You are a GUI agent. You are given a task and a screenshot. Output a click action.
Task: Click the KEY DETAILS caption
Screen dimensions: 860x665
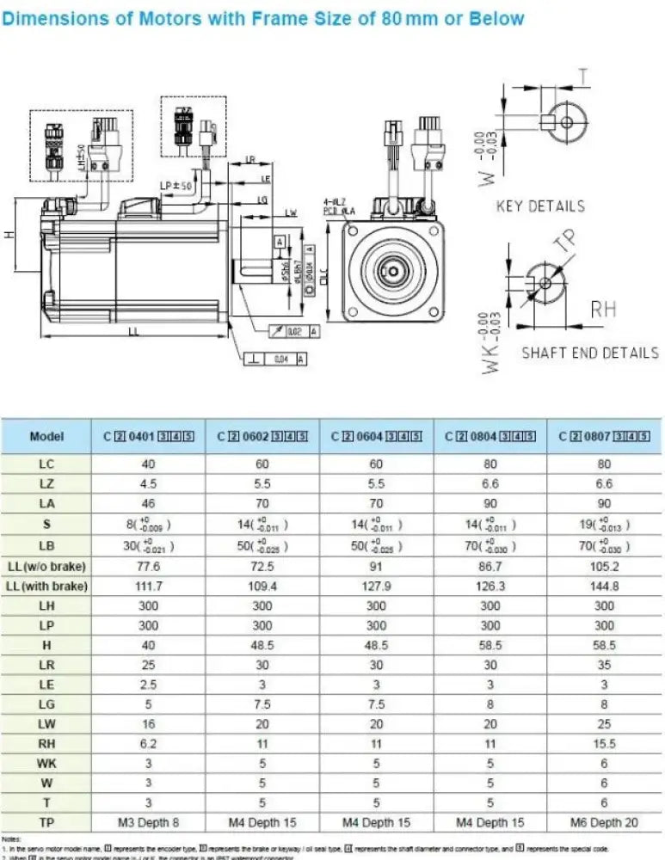click(540, 206)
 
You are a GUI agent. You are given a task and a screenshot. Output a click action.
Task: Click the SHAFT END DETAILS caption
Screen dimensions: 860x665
click(590, 353)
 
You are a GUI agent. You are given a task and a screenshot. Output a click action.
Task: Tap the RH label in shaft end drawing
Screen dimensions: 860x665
click(603, 310)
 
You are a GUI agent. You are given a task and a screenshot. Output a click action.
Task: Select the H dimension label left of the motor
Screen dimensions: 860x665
click(9, 234)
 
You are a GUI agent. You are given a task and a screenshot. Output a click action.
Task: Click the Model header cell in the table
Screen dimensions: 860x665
click(46, 436)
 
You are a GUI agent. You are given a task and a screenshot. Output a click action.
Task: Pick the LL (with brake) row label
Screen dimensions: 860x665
click(46, 586)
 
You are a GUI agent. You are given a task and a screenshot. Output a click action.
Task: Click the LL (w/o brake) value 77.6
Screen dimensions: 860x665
click(148, 566)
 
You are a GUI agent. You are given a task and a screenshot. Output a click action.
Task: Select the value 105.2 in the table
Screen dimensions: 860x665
click(603, 566)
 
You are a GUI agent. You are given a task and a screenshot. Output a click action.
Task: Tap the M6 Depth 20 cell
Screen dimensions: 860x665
click(603, 822)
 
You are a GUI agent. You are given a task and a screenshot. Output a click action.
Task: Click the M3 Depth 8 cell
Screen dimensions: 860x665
click(148, 822)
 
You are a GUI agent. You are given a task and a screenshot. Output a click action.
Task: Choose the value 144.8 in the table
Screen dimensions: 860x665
click(603, 586)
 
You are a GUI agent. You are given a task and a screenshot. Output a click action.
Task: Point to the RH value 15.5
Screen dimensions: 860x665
click(603, 743)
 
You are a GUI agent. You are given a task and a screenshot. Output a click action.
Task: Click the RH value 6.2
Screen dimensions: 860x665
click(148, 743)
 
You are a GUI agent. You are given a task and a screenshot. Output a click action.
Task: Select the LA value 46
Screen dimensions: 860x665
click(148, 504)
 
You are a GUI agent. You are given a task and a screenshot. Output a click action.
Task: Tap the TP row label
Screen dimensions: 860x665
click(46, 822)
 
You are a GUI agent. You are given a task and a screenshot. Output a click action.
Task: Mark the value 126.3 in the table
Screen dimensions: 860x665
click(490, 586)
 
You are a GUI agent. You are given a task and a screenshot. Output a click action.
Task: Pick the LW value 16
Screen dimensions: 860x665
click(148, 723)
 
